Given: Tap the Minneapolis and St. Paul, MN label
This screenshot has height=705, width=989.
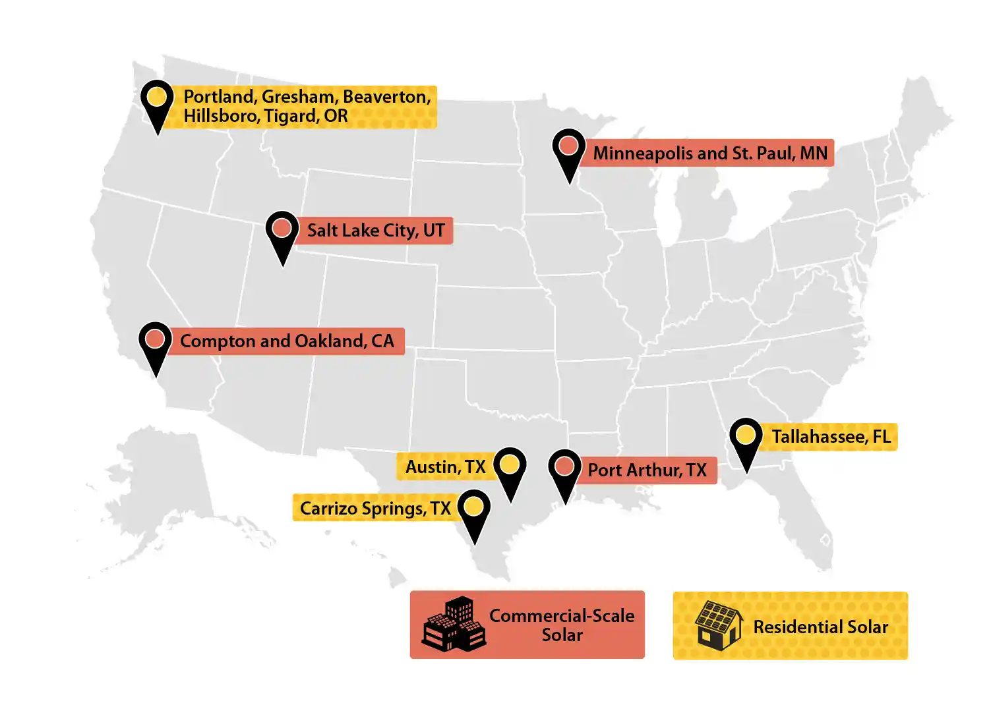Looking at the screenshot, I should click(x=709, y=153).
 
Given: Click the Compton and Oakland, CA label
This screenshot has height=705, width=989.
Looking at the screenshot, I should click(x=287, y=341).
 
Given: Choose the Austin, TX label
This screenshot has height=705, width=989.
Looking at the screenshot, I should click(x=445, y=467).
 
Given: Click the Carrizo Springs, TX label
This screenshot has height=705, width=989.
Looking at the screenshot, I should click(x=375, y=508).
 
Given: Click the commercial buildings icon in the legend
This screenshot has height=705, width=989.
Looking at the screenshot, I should click(x=454, y=625).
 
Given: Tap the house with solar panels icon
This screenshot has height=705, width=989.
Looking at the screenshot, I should click(x=718, y=625).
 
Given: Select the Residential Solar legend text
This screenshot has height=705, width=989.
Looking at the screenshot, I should click(x=820, y=627).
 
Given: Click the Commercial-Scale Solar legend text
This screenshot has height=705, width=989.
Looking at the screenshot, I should click(x=562, y=625).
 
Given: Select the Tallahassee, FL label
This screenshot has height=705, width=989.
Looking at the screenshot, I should click(x=831, y=437).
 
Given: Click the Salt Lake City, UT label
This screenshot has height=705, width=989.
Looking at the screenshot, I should click(x=376, y=231).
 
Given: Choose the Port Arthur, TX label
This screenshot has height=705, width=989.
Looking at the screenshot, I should click(x=647, y=470).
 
